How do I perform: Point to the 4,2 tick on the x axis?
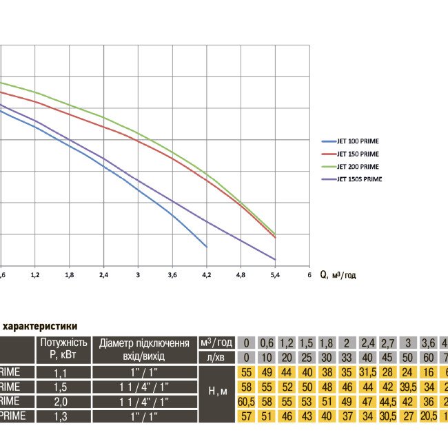tap(206, 274)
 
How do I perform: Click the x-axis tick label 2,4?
tap(103, 274)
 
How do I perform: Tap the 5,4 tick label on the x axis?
tap(275, 274)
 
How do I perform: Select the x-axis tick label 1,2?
tap(35, 274)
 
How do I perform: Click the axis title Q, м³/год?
tap(338, 274)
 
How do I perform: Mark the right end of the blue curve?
tap(206, 246)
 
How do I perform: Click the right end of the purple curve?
tap(275, 260)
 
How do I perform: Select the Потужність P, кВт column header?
tap(63, 348)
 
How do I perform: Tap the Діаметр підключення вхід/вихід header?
tap(144, 348)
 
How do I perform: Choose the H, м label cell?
tap(217, 391)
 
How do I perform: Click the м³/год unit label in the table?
tap(216, 343)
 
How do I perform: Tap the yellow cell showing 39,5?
tap(409, 387)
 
